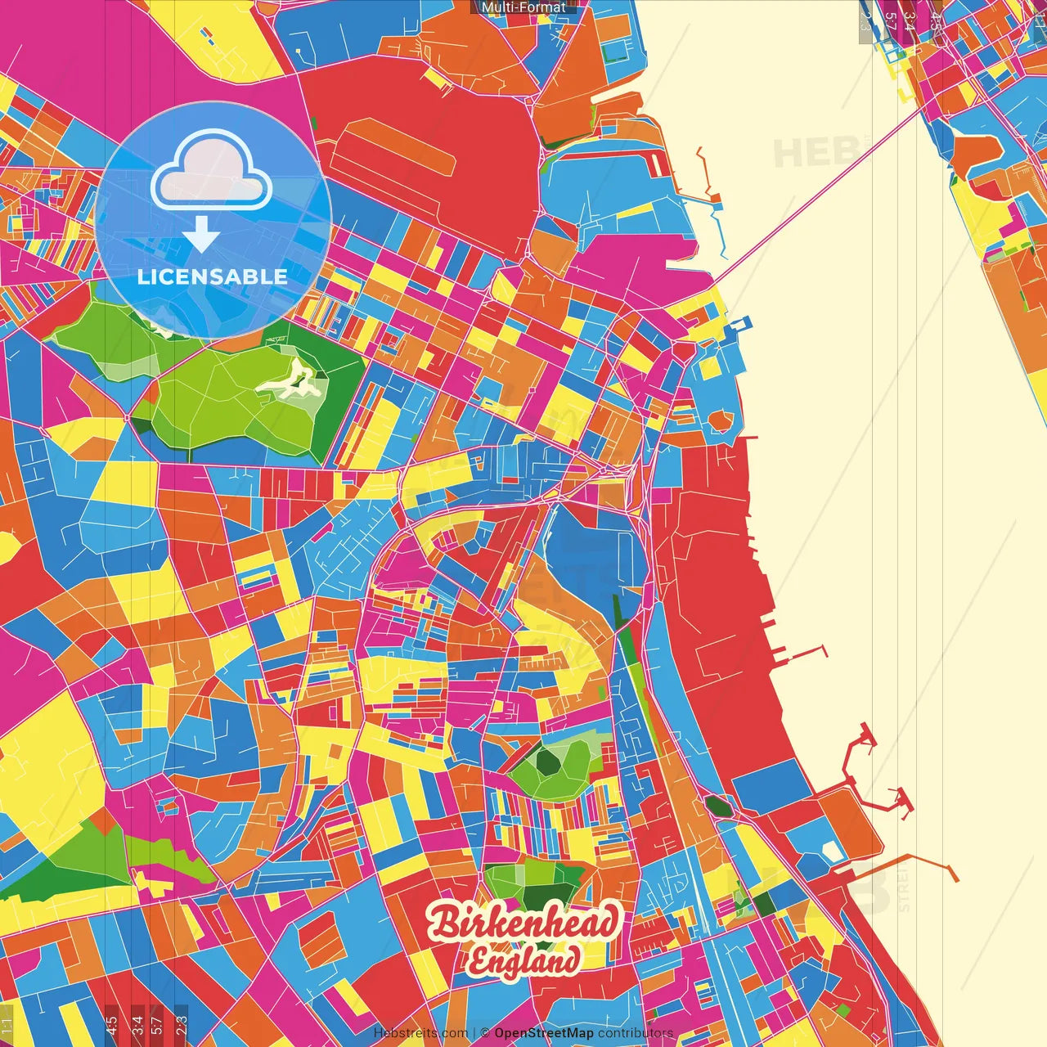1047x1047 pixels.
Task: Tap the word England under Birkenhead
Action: pos(524,961)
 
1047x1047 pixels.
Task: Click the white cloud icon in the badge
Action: pos(211,171)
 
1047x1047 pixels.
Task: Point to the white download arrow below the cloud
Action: pos(200,236)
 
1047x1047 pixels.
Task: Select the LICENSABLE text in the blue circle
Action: pos(212,276)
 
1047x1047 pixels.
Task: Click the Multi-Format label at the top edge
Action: pos(523,7)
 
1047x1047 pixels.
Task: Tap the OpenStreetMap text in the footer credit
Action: pos(543,1033)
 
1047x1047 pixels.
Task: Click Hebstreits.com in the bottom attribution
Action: pos(420,1033)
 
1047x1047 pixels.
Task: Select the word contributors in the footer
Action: pos(635,1033)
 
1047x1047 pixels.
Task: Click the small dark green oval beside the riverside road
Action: pos(717,806)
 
